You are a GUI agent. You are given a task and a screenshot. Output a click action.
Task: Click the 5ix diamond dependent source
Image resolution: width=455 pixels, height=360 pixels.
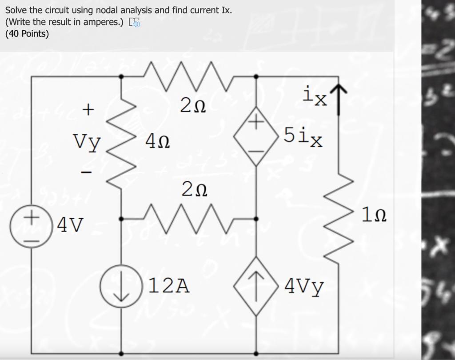click(x=255, y=139)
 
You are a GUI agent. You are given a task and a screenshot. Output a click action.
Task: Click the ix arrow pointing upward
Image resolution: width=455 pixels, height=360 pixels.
click(x=339, y=100)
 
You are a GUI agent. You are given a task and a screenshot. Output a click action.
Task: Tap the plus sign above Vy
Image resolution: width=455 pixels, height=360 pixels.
click(x=89, y=108)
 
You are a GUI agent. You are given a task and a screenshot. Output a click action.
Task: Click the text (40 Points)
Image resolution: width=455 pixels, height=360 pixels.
click(x=27, y=34)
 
